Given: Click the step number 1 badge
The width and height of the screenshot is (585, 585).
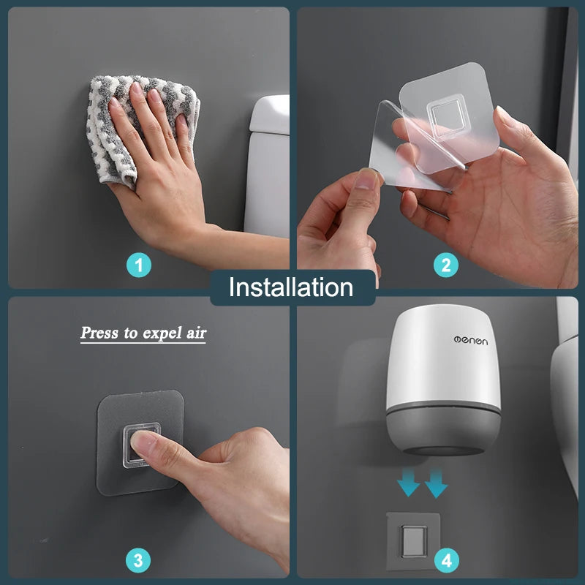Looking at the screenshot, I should tap(139, 265).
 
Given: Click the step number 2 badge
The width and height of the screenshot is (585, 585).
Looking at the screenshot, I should tap(445, 265).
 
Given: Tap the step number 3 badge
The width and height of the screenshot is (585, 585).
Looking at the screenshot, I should tap(139, 561).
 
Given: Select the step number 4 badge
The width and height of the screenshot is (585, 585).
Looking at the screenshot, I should tap(445, 561).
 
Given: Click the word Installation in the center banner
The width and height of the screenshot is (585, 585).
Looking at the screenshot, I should tap(291, 287).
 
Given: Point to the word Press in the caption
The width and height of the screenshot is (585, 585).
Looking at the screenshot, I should tap(99, 333).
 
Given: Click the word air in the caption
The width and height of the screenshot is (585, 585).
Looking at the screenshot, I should tap(194, 333).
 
